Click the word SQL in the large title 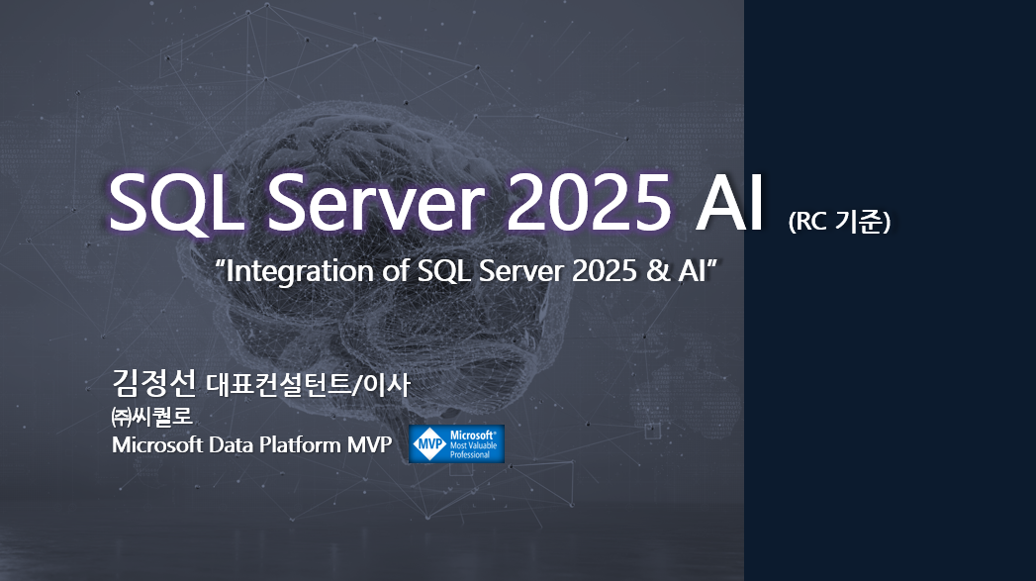point(176,202)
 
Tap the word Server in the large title point(376,202)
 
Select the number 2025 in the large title point(590,202)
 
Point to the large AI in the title point(729,202)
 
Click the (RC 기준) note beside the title point(839,222)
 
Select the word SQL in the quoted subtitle point(444,271)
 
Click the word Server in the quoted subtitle point(521,271)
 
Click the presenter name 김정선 point(154,381)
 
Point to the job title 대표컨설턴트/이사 point(309,384)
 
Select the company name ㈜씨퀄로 point(152,417)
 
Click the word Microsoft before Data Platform point(157,444)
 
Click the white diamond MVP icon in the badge point(429,444)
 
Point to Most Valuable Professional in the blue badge point(473,450)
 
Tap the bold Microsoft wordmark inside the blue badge point(472,435)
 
